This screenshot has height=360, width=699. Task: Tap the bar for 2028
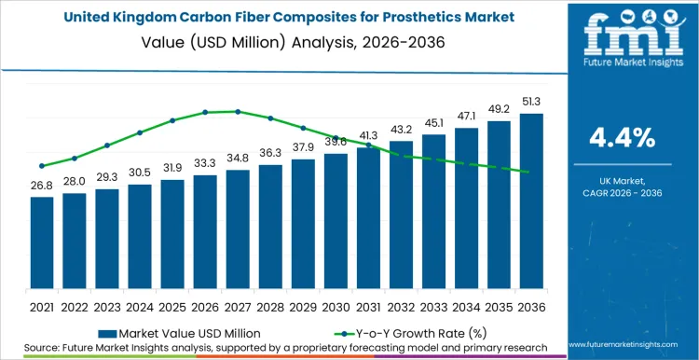point(270,229)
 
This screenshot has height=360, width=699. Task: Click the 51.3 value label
point(531,102)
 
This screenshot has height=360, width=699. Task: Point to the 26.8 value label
point(42,186)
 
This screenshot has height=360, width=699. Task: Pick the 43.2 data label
point(401,129)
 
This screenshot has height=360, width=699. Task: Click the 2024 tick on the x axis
point(140,306)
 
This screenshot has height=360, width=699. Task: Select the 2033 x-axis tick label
point(433,306)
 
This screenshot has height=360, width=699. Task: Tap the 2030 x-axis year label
point(336,306)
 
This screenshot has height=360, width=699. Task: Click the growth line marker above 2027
point(238,111)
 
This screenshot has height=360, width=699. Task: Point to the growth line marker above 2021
point(42,166)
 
